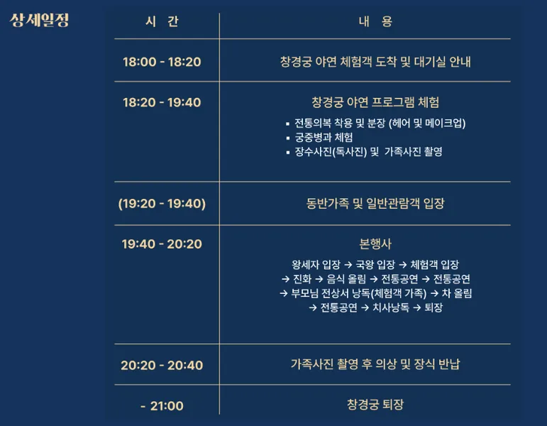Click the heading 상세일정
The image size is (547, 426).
pos(40,20)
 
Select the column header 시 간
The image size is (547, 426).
pos(162,21)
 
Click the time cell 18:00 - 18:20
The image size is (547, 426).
pos(162,62)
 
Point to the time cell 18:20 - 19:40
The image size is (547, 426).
pos(162,102)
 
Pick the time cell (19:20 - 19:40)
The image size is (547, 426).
pos(162,204)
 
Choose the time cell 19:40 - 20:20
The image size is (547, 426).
pos(162,244)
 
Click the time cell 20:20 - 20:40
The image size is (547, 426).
pos(162,366)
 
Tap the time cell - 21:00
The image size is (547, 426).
pos(162,406)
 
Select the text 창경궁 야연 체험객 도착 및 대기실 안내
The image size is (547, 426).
pos(375,62)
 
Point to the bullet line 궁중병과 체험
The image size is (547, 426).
pos(324,137)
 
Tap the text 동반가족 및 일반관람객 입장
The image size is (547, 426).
pos(375,204)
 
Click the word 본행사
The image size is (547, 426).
pos(375,244)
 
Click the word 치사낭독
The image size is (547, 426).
pos(391,307)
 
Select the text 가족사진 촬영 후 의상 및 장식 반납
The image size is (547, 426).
pos(375,365)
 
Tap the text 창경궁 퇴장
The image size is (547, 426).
pos(375,405)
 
